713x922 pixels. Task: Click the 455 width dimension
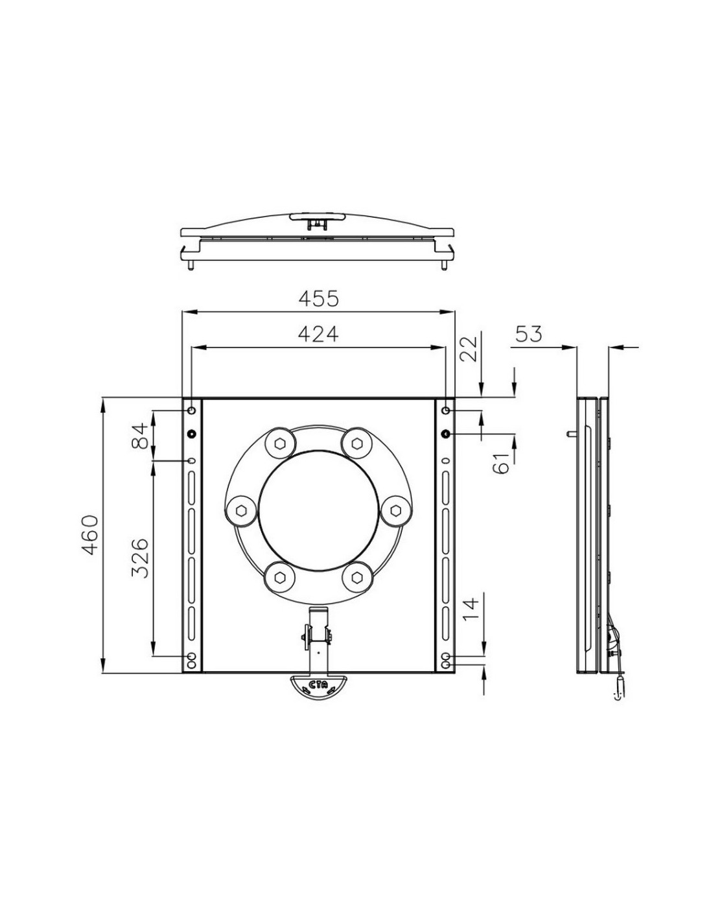pyautogui.click(x=318, y=299)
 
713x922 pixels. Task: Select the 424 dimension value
pyautogui.click(x=318, y=334)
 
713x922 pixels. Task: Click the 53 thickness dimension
pyautogui.click(x=528, y=334)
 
